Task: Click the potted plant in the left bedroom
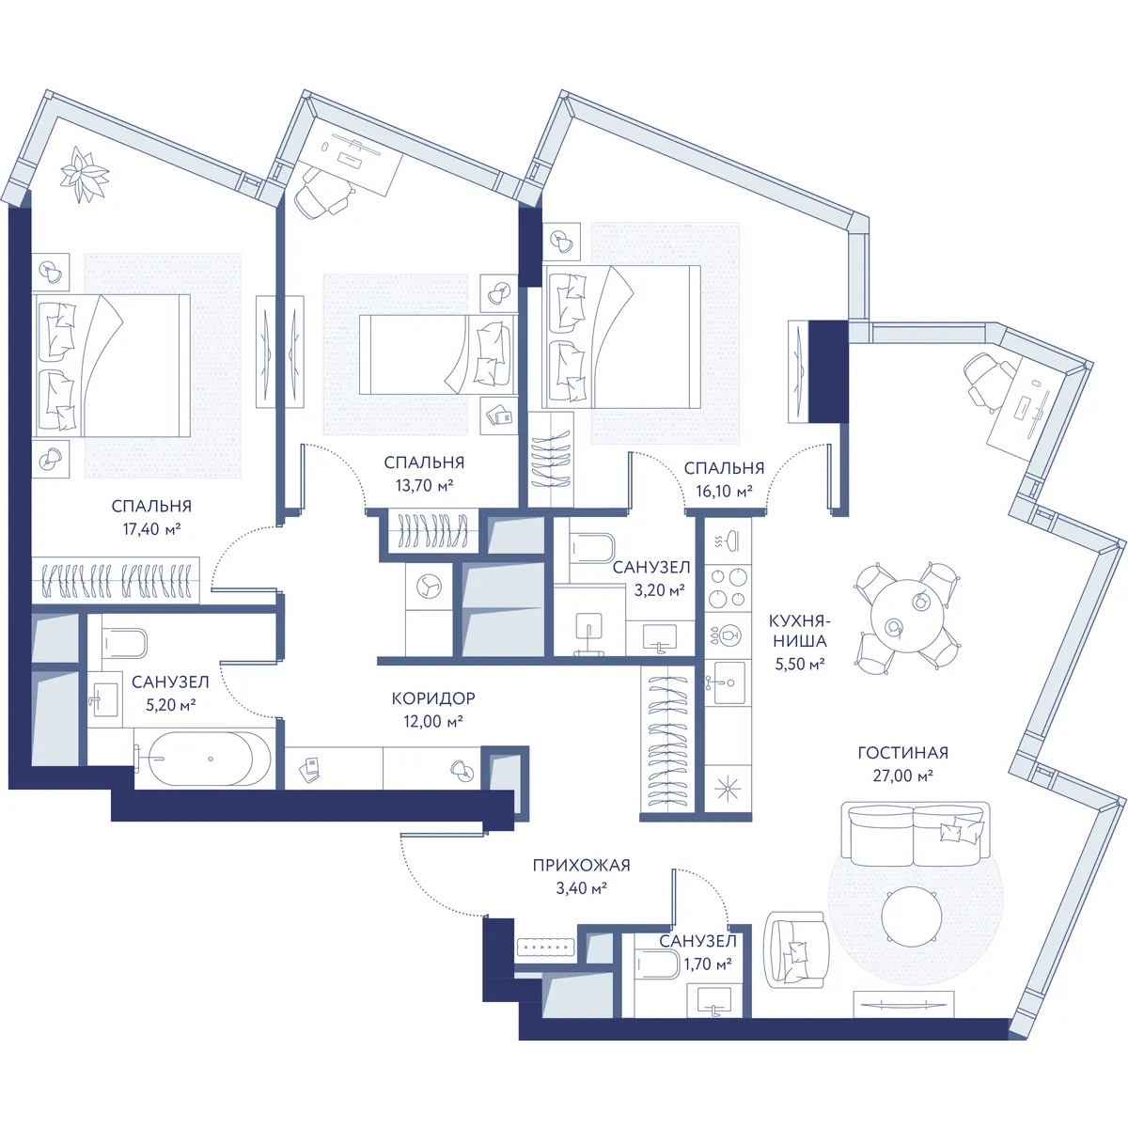point(85,175)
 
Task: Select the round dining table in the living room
point(907,617)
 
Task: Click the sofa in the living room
point(915,834)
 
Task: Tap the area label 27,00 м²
point(902,775)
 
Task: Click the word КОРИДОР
point(433,697)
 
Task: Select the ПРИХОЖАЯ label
point(581,865)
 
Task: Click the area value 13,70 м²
point(424,485)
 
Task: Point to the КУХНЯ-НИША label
point(800,630)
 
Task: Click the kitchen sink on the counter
point(727,682)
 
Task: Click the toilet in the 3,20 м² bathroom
point(590,549)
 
